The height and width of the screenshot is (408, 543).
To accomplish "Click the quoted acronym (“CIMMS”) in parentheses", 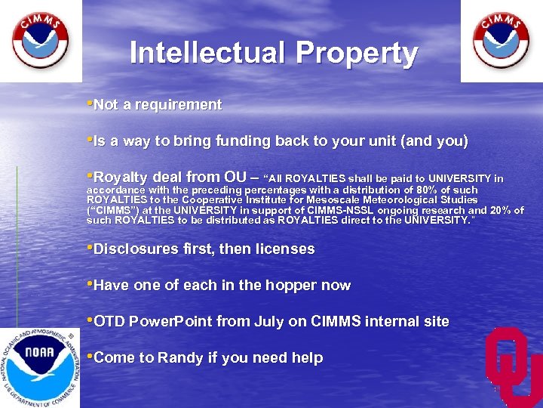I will point(114,209).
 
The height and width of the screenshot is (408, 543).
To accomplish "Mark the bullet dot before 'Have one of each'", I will point(90,284).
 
